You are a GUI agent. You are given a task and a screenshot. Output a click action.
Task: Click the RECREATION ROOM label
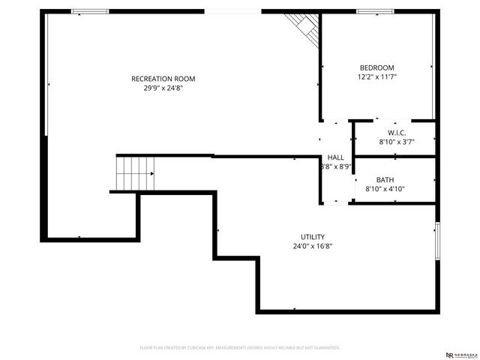[x=163, y=79]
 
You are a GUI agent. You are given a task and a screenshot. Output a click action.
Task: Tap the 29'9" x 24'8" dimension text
[x=163, y=88]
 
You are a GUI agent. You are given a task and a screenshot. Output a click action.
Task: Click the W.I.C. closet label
[x=397, y=133]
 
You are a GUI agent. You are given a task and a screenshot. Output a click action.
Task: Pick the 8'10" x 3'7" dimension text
[x=397, y=142]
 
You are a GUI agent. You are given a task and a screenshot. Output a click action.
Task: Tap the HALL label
[x=335, y=157]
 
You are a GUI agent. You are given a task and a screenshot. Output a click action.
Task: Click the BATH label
[x=385, y=180]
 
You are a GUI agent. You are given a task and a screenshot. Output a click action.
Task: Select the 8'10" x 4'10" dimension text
[x=385, y=190]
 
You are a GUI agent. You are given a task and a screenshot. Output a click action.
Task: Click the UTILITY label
[x=313, y=237]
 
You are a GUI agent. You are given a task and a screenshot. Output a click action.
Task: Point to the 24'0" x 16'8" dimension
[x=313, y=246]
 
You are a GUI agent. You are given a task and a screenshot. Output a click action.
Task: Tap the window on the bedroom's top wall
[x=375, y=11]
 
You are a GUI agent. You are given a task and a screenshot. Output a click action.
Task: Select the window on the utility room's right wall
[x=437, y=241]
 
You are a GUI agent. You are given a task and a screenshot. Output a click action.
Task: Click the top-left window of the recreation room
[x=90, y=11]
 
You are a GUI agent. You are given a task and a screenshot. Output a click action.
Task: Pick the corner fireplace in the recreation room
[x=306, y=25]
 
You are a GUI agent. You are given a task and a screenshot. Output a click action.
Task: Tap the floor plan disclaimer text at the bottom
[x=240, y=348]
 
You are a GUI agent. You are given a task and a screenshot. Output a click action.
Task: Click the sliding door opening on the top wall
[x=232, y=11]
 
